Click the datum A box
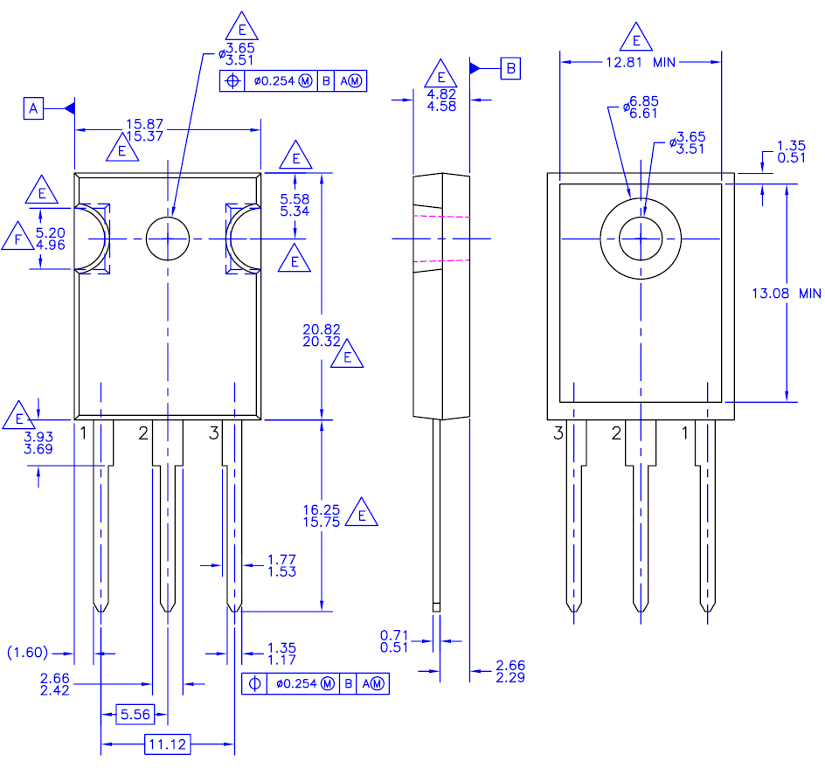click(33, 108)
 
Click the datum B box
click(510, 68)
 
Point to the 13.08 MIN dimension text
click(787, 294)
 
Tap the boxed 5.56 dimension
click(135, 715)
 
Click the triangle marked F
click(17, 238)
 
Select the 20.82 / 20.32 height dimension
click(321, 336)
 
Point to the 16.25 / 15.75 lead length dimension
click(321, 515)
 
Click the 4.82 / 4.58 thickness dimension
click(441, 100)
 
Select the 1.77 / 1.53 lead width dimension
click(281, 565)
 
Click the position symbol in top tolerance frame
click(232, 81)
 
